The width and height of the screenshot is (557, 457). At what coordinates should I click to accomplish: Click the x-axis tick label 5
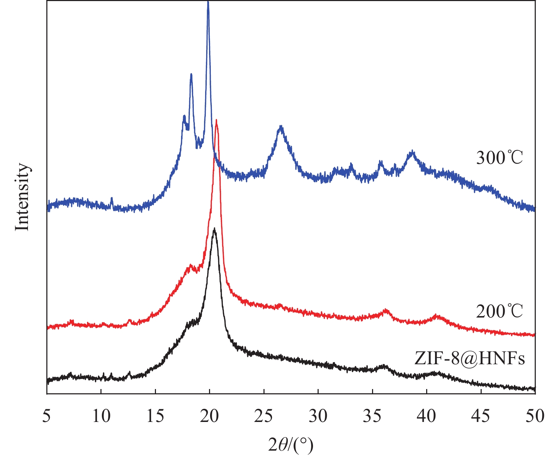click(x=46, y=416)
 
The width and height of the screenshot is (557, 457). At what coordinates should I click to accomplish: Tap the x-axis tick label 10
click(x=101, y=416)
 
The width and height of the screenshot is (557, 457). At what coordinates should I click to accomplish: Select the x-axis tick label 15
click(x=155, y=416)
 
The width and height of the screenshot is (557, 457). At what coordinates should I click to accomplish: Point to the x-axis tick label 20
click(x=210, y=416)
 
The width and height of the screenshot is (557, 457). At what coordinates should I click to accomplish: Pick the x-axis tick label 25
click(x=264, y=416)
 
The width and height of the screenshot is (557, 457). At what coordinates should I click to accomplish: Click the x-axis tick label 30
click(x=318, y=416)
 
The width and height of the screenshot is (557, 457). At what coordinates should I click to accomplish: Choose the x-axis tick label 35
click(x=372, y=416)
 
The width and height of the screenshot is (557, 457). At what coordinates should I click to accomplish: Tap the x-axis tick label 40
click(x=427, y=416)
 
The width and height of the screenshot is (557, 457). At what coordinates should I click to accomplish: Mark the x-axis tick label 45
click(x=481, y=416)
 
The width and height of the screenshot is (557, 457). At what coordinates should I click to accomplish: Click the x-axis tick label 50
click(x=535, y=416)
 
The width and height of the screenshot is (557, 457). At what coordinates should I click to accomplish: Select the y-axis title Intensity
click(x=22, y=197)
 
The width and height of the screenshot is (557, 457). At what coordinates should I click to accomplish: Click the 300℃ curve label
click(x=499, y=158)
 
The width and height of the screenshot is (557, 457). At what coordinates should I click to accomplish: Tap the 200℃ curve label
click(x=499, y=312)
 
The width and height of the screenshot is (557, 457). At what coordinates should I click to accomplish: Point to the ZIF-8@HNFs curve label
click(x=470, y=358)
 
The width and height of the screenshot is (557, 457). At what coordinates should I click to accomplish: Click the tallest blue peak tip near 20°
click(x=208, y=3)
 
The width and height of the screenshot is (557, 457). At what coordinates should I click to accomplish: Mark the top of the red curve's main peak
click(x=216, y=121)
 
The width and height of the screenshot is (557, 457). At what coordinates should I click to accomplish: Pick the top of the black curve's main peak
click(x=214, y=229)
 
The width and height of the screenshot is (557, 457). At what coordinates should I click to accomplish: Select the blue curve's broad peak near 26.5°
click(x=281, y=127)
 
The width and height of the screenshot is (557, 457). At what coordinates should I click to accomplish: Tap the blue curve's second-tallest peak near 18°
click(x=191, y=74)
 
